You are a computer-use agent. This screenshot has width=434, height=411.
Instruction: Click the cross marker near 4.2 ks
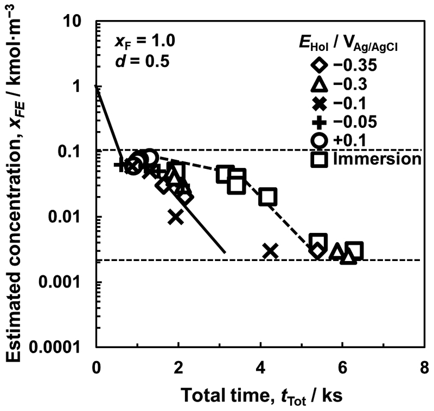coord(271,251)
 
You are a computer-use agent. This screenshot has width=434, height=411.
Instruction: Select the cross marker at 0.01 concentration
coord(175,217)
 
